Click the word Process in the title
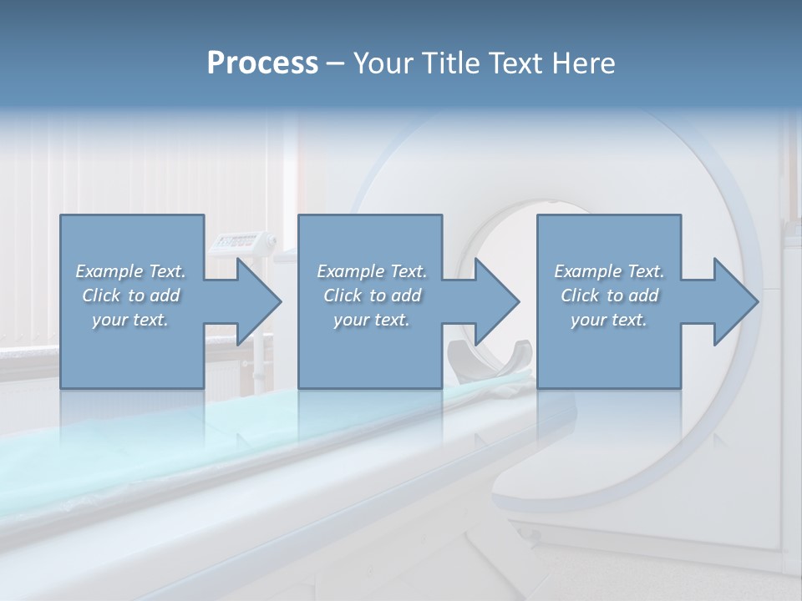tap(262, 63)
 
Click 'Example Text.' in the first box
tap(131, 271)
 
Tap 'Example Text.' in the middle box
tap(372, 271)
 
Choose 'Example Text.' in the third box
tap(609, 271)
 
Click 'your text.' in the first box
tap(131, 320)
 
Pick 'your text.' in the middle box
tap(372, 320)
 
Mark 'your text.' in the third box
tap(609, 320)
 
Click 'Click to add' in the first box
tap(131, 295)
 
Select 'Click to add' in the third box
tap(609, 295)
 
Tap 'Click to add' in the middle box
tap(372, 295)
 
